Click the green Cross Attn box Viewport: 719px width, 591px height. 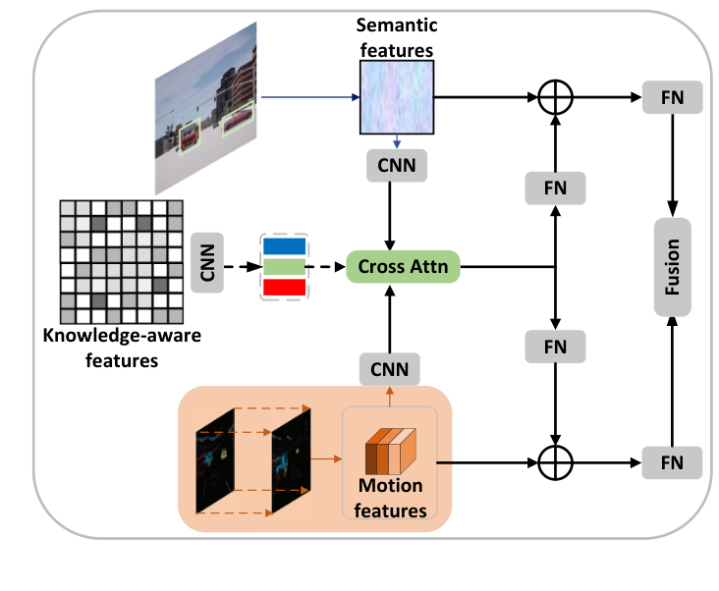point(404,266)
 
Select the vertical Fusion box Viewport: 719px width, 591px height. point(673,266)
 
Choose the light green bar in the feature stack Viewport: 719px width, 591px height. point(285,266)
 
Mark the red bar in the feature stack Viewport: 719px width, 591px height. point(285,287)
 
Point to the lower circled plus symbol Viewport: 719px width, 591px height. point(556,459)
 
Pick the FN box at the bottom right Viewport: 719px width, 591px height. point(673,459)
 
